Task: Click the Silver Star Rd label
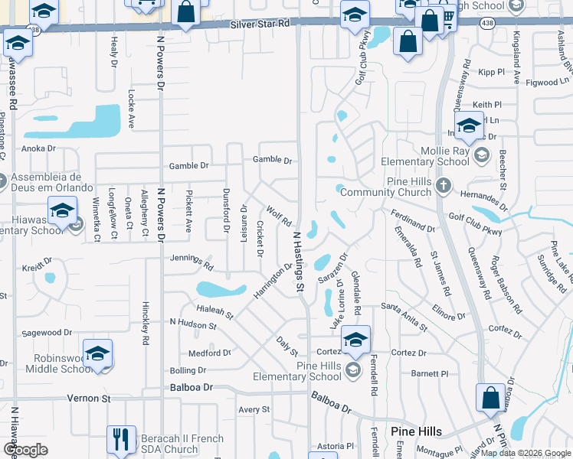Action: [x=262, y=24]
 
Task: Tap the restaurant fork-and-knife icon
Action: [x=121, y=438]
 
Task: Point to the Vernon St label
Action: [x=90, y=399]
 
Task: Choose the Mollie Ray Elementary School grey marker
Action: [x=482, y=156]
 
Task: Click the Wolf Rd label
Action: [x=275, y=214]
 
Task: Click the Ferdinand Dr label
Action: [x=412, y=223]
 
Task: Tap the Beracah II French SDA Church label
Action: [x=182, y=444]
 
